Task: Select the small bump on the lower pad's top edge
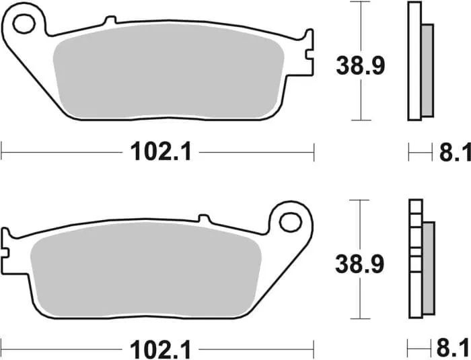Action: tap(203, 219)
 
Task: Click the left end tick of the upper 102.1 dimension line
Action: tap(2, 152)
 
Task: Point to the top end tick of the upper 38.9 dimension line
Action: tap(361, 3)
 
